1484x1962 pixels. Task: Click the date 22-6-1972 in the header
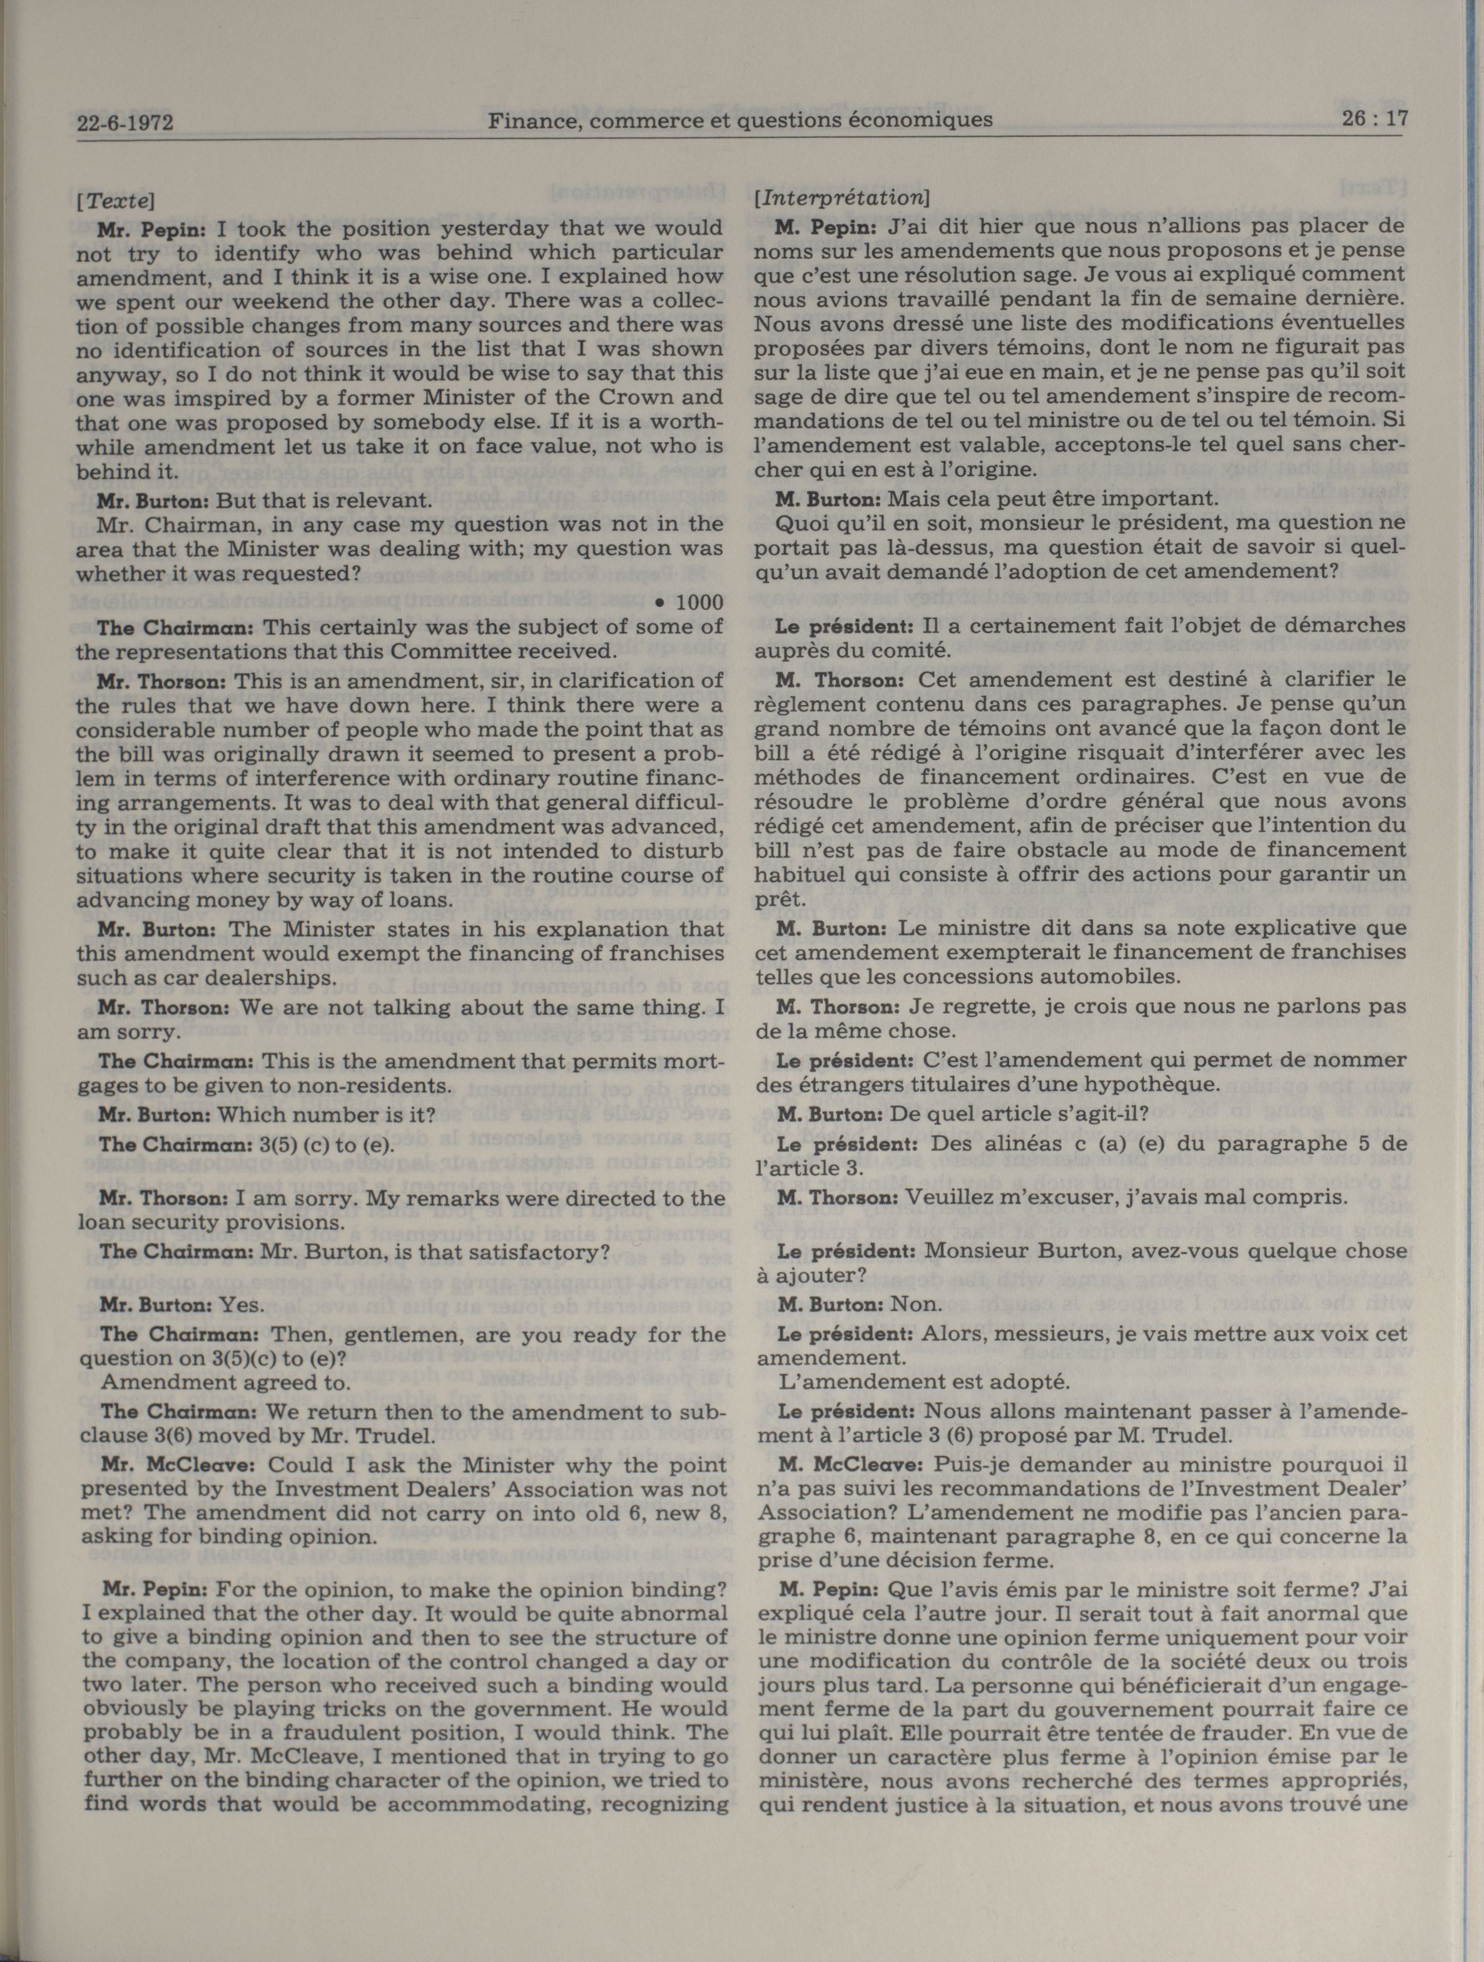tap(124, 124)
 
